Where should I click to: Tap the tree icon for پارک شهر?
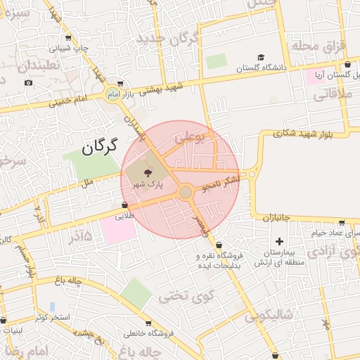(148, 173)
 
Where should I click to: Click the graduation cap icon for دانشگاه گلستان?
(261, 57)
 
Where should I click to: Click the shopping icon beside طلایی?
(125, 205)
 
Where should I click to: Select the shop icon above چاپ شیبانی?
(67, 39)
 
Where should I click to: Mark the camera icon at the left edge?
(28, 82)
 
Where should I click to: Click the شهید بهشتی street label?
(163, 87)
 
